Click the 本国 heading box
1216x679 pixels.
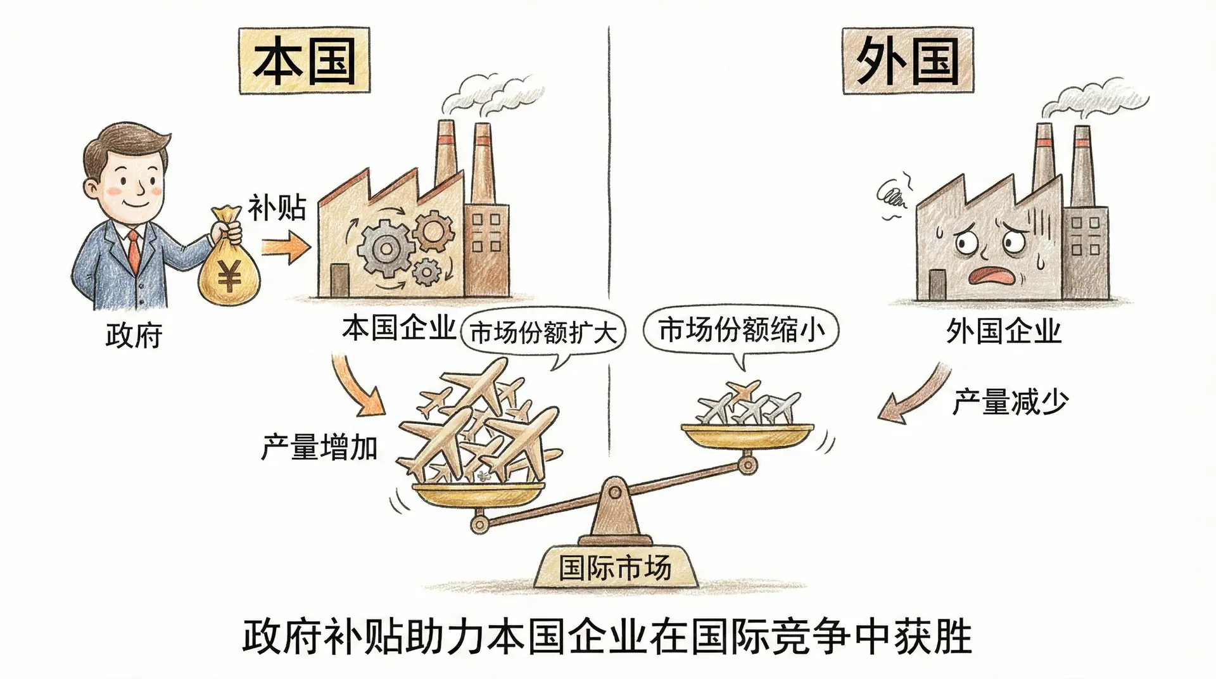pyautogui.click(x=304, y=61)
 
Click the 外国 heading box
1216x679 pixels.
pyautogui.click(x=907, y=61)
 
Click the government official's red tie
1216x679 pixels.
pyautogui.click(x=134, y=250)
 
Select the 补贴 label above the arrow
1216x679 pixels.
pyautogui.click(x=277, y=207)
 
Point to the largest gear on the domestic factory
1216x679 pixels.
pyautogui.click(x=384, y=248)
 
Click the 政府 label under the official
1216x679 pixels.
pyautogui.click(x=134, y=335)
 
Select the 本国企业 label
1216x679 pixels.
pyautogui.click(x=398, y=328)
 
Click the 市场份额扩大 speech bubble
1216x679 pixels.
pyautogui.click(x=543, y=332)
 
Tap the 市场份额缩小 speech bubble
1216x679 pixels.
pyautogui.click(x=741, y=330)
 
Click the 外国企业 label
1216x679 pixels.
pyautogui.click(x=1003, y=331)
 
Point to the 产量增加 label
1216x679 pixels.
pyautogui.click(x=319, y=448)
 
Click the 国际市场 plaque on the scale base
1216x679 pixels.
pyautogui.click(x=614, y=567)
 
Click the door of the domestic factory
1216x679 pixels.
pyautogui.click(x=339, y=280)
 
